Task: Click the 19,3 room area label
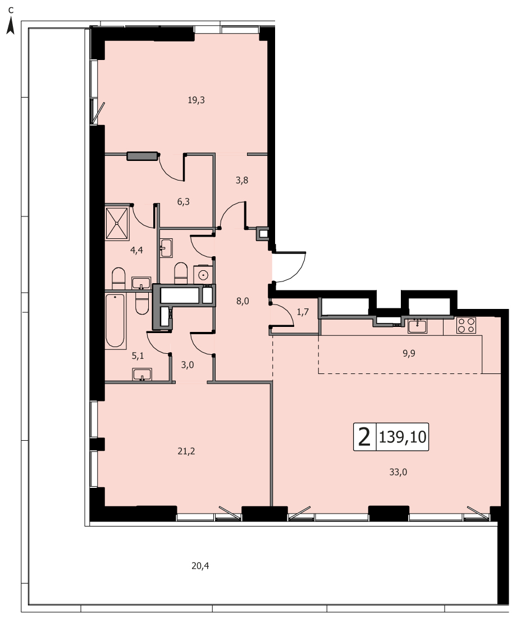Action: pyautogui.click(x=196, y=100)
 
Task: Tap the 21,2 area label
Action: pyautogui.click(x=186, y=451)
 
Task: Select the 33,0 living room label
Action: pyautogui.click(x=398, y=472)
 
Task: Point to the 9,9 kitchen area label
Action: pyautogui.click(x=409, y=353)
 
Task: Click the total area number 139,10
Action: pyautogui.click(x=403, y=437)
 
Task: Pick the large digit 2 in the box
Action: pyautogui.click(x=364, y=437)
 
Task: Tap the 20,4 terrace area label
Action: pyautogui.click(x=200, y=566)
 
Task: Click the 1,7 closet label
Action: pyautogui.click(x=303, y=312)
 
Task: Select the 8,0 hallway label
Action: pyautogui.click(x=242, y=301)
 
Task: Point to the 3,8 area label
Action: pyautogui.click(x=242, y=180)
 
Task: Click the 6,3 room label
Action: pyautogui.click(x=183, y=202)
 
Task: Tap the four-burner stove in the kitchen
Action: pyautogui.click(x=466, y=325)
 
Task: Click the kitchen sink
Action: pyautogui.click(x=417, y=326)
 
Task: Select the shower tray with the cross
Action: pyautogui.click(x=117, y=223)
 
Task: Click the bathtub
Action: pyautogui.click(x=115, y=320)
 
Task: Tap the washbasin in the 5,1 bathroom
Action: pyautogui.click(x=142, y=375)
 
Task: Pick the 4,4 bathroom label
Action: pyautogui.click(x=136, y=250)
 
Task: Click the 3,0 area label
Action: pyautogui.click(x=188, y=365)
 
